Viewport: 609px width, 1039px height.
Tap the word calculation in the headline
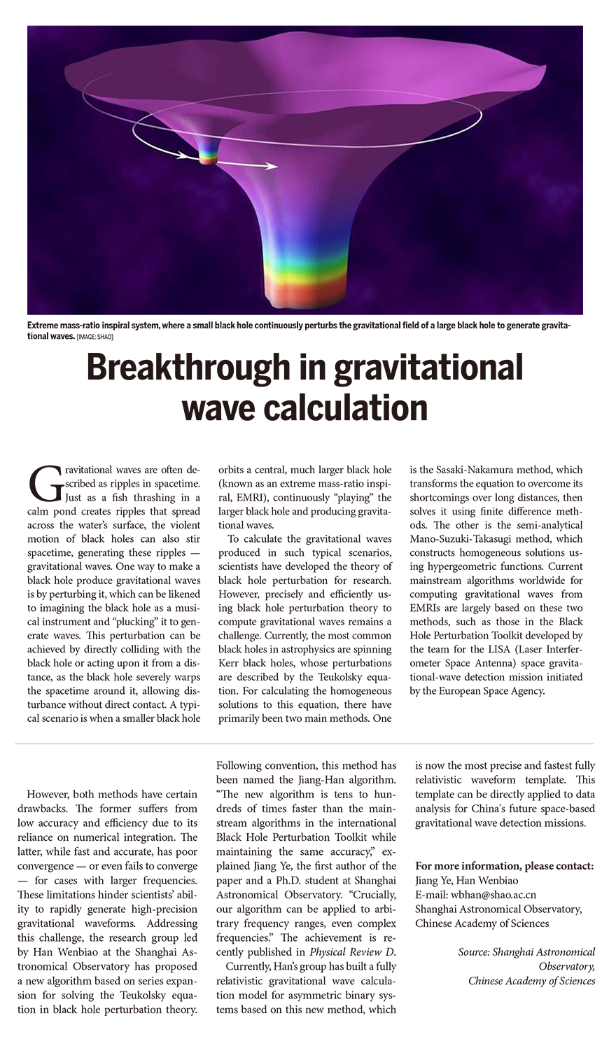pyautogui.click(x=341, y=407)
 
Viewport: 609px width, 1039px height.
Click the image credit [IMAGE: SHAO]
pyautogui.click(x=95, y=337)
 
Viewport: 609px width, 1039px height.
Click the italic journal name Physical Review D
pyautogui.click(x=352, y=951)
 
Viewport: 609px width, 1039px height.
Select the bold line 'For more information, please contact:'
pyautogui.click(x=504, y=866)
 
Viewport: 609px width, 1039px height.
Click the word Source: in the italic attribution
pyautogui.click(x=474, y=951)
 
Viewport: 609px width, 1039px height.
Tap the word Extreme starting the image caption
pyautogui.click(x=44, y=326)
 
